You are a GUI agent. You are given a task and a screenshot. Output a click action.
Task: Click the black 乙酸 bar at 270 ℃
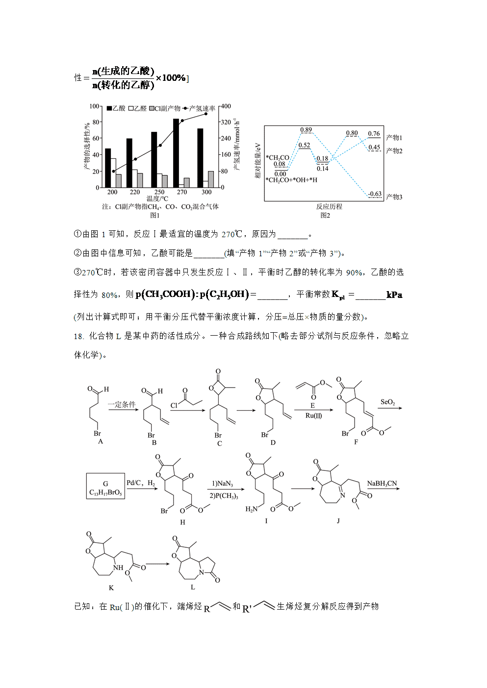pyautogui.click(x=176, y=153)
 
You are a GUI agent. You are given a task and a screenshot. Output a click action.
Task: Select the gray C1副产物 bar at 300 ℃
pyautogui.click(x=211, y=179)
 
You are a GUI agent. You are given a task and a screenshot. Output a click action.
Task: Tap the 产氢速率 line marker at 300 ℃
pyautogui.click(x=206, y=114)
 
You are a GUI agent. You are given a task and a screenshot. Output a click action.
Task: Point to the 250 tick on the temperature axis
pyautogui.click(x=159, y=192)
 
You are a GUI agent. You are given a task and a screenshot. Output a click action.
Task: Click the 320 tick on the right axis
pyautogui.click(x=226, y=122)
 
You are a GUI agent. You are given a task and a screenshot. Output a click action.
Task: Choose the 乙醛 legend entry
pyautogui.click(x=137, y=108)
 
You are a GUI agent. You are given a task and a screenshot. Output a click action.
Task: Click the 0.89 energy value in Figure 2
pyautogui.click(x=306, y=130)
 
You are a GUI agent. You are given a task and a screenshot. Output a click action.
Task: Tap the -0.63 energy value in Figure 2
pyautogui.click(x=375, y=194)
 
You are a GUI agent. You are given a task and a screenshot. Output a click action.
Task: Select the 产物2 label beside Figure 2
pyautogui.click(x=394, y=151)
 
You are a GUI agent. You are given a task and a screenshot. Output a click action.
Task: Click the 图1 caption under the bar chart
pyautogui.click(x=154, y=216)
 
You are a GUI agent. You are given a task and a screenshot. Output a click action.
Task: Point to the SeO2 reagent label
pyautogui.click(x=388, y=402)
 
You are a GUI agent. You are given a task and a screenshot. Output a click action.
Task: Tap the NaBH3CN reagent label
pyautogui.click(x=382, y=484)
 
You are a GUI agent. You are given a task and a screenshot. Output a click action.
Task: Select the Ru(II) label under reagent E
pyautogui.click(x=313, y=416)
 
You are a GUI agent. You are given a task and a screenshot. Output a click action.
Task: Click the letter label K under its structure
pyautogui.click(x=111, y=588)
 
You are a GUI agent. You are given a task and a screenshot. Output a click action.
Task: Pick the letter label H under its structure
pyautogui.click(x=182, y=522)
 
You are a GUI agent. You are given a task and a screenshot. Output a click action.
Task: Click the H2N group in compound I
pyautogui.click(x=251, y=509)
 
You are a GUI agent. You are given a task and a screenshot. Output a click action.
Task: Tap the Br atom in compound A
pyautogui.click(x=97, y=433)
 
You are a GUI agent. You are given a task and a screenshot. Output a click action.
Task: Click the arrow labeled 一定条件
pyautogui.click(x=123, y=410)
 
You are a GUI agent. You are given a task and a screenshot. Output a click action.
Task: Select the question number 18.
pyautogui.click(x=78, y=336)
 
